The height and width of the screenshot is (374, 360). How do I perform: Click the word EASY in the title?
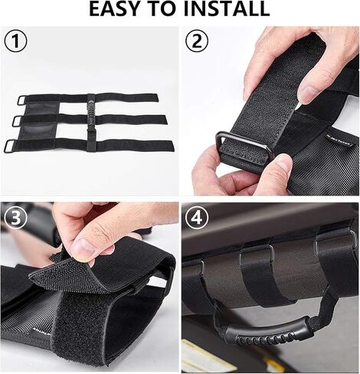pyautogui.click(x=122, y=10)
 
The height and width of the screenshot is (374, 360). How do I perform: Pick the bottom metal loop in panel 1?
pyautogui.click(x=10, y=146)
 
